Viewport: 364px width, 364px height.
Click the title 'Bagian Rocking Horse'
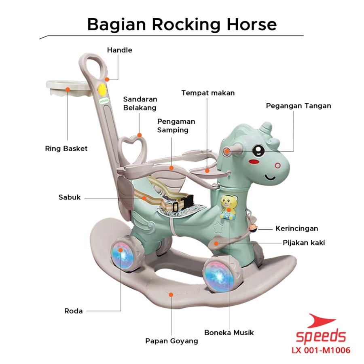(182, 24)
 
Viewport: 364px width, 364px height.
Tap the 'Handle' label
(120, 50)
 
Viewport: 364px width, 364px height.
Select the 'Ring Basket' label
(66, 148)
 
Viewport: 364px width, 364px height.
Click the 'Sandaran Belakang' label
(140, 103)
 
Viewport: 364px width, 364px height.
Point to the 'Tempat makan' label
(208, 93)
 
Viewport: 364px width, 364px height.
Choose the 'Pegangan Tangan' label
(298, 106)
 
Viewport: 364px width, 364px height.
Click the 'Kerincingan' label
(297, 229)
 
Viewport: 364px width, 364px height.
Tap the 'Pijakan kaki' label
(304, 243)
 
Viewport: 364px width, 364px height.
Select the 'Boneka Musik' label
(229, 332)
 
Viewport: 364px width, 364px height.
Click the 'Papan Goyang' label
(171, 341)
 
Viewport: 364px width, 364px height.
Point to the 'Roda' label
(73, 311)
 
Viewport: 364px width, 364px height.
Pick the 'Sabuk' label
(70, 197)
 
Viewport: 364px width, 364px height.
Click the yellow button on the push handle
(102, 90)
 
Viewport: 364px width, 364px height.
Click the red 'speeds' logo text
(321, 335)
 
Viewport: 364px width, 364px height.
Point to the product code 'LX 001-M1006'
(321, 350)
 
